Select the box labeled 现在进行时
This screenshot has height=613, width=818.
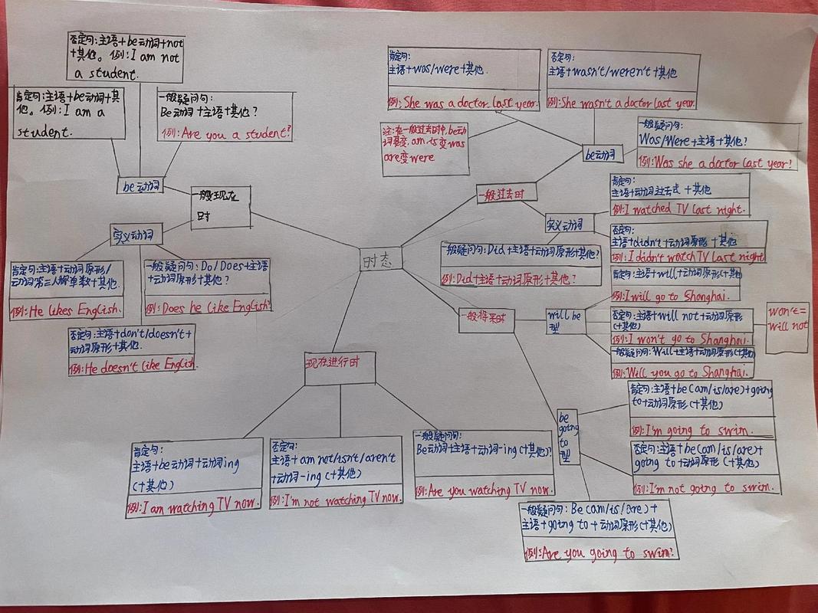[340, 367]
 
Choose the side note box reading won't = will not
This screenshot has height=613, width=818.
[787, 326]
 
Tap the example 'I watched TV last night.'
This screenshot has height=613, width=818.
[679, 208]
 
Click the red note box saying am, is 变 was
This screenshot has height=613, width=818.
[425, 147]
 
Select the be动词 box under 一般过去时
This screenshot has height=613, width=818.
[600, 154]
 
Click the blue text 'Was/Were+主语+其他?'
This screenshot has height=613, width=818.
[695, 141]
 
